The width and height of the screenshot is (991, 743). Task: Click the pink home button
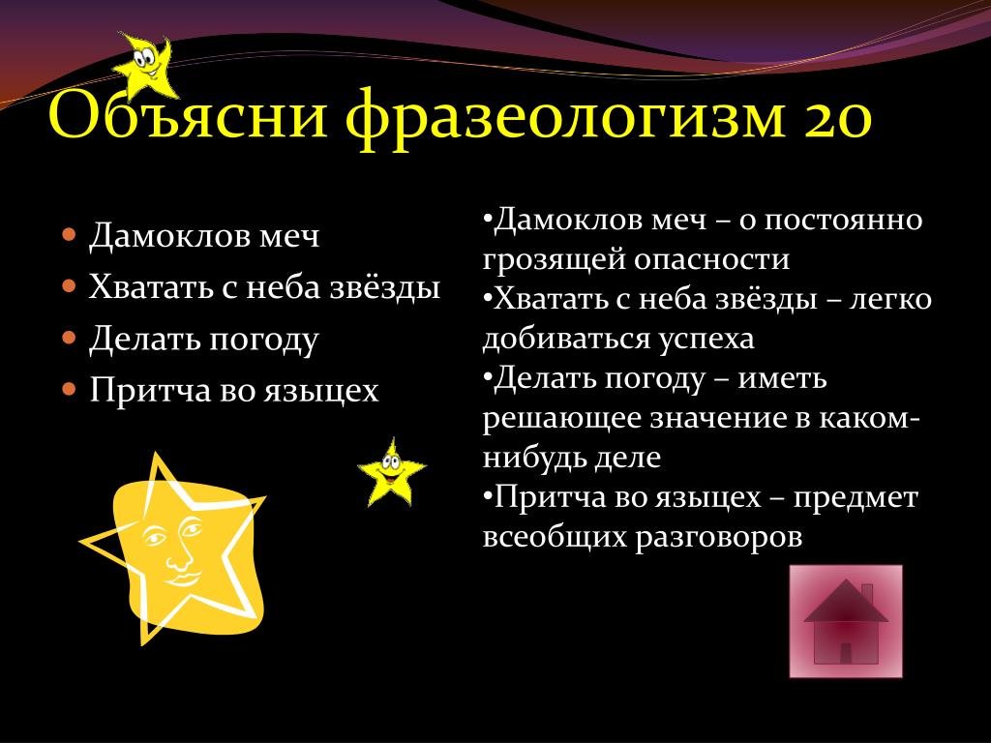(846, 621)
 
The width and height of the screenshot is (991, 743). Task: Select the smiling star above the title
(144, 65)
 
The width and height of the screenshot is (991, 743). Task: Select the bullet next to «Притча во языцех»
(70, 389)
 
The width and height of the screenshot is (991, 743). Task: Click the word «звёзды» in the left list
(385, 287)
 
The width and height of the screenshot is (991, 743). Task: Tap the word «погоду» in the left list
(263, 340)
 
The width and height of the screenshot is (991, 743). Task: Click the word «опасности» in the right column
(711, 259)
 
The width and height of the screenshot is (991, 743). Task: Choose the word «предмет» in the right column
(856, 498)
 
